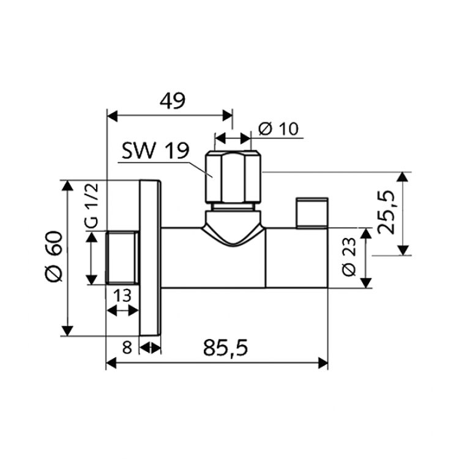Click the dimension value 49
tap(173, 100)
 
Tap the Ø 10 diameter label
tap(278, 129)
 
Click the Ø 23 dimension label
tap(349, 259)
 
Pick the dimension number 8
tap(127, 348)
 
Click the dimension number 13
tap(122, 296)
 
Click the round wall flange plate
tap(151, 258)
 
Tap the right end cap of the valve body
tap(297, 258)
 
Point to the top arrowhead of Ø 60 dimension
tap(65, 185)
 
